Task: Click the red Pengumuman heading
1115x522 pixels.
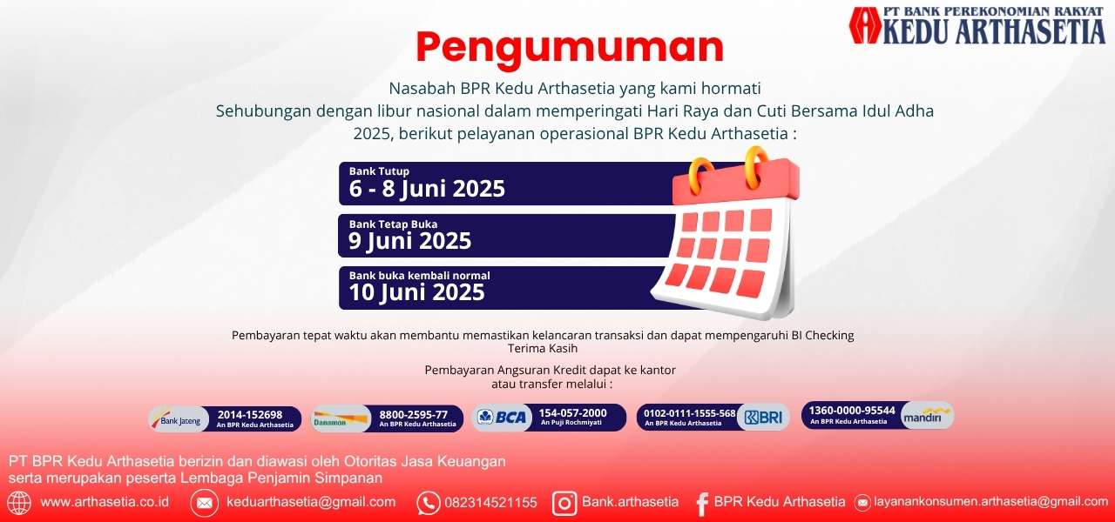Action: point(570,48)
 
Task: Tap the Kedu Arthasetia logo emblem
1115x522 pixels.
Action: point(865,25)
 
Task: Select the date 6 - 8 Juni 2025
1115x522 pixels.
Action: point(427,189)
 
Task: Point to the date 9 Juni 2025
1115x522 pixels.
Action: point(409,241)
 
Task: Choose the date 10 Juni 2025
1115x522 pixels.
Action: point(416,292)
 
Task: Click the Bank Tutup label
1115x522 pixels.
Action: point(379,171)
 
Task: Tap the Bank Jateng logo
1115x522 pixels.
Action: point(179,419)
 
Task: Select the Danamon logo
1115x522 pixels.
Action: point(341,419)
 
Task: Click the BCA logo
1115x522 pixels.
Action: point(502,417)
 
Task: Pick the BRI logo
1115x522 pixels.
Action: point(764,417)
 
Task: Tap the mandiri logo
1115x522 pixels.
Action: point(927,416)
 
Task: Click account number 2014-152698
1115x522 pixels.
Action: point(250,415)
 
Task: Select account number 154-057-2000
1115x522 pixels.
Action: point(572,413)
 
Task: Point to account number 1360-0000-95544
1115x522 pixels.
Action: point(852,411)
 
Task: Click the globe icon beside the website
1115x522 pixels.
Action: point(19,503)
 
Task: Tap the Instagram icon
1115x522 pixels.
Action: point(564,503)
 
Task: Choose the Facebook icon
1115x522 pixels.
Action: point(702,504)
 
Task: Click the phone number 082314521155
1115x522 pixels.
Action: point(490,503)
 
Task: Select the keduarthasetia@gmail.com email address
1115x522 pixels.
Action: point(311,502)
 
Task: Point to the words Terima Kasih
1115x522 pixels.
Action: point(543,348)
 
